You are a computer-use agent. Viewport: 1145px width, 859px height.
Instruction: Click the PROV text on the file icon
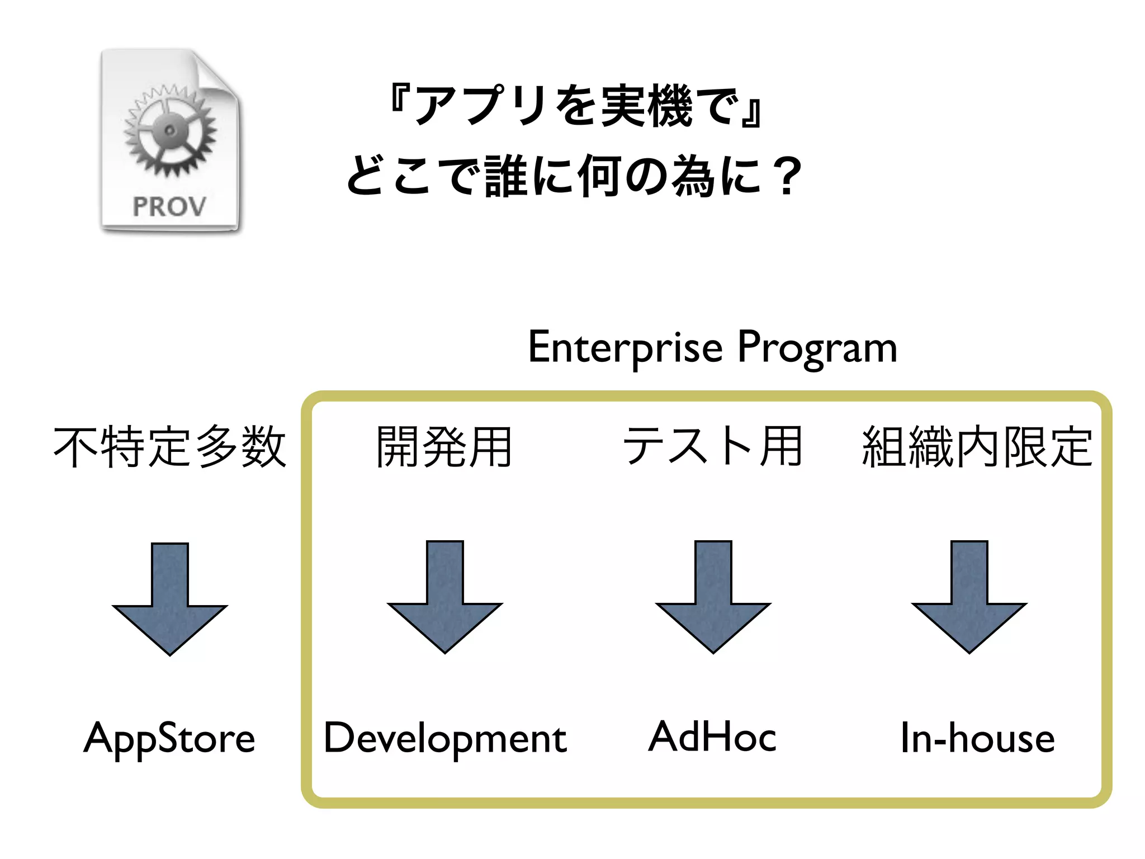tap(169, 207)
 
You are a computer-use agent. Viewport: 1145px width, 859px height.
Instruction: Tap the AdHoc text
tap(712, 737)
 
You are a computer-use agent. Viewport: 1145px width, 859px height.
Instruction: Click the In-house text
tap(977, 738)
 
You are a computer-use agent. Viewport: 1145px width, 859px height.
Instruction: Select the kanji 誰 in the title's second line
tap(506, 177)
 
